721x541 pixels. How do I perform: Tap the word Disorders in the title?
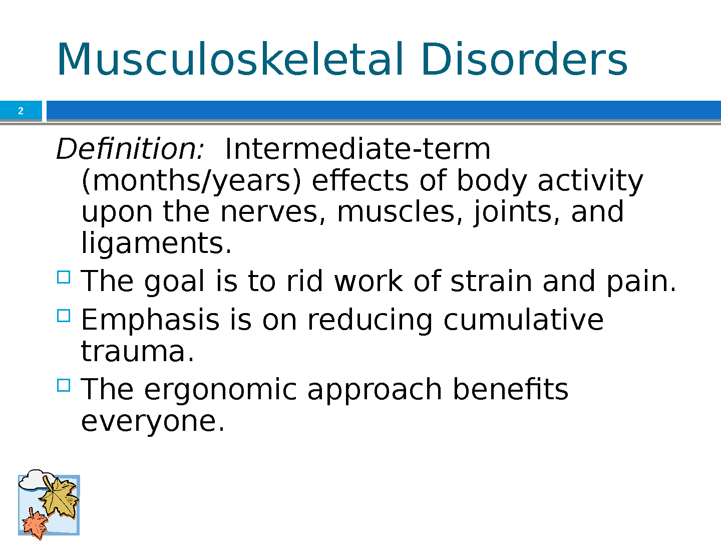pos(525,60)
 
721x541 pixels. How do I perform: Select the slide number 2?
pos(21,111)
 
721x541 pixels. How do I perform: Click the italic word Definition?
pos(130,149)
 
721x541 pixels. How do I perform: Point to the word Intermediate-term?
pos(357,149)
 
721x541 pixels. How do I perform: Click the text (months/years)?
pos(191,181)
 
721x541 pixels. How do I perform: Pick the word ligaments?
pos(156,243)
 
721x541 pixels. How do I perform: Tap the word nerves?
pos(273,212)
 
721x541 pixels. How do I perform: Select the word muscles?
pos(400,211)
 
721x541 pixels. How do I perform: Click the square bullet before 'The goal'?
pos(64,277)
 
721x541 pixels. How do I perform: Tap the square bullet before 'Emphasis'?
pos(64,316)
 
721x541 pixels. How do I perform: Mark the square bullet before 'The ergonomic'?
pos(64,385)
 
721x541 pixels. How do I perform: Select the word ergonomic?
pos(220,390)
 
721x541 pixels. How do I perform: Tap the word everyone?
pos(153,422)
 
